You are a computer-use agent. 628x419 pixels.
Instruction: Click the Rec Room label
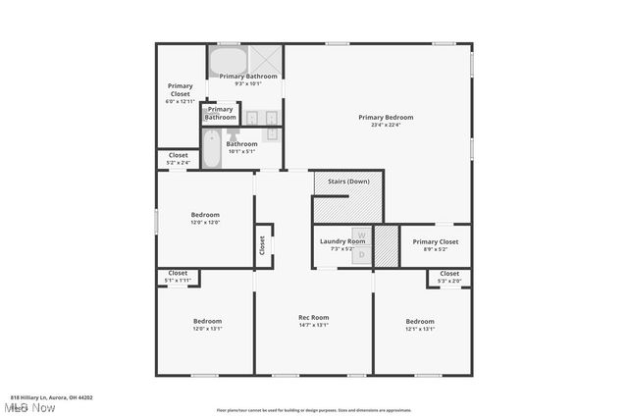coord(313,317)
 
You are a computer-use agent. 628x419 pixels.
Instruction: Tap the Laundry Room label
coord(341,241)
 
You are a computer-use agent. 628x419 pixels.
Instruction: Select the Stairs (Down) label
coord(348,182)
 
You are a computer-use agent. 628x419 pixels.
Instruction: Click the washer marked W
coord(361,236)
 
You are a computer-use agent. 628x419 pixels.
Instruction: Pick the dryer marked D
coord(361,254)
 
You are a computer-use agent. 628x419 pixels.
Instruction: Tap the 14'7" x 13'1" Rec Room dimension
coord(313,325)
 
